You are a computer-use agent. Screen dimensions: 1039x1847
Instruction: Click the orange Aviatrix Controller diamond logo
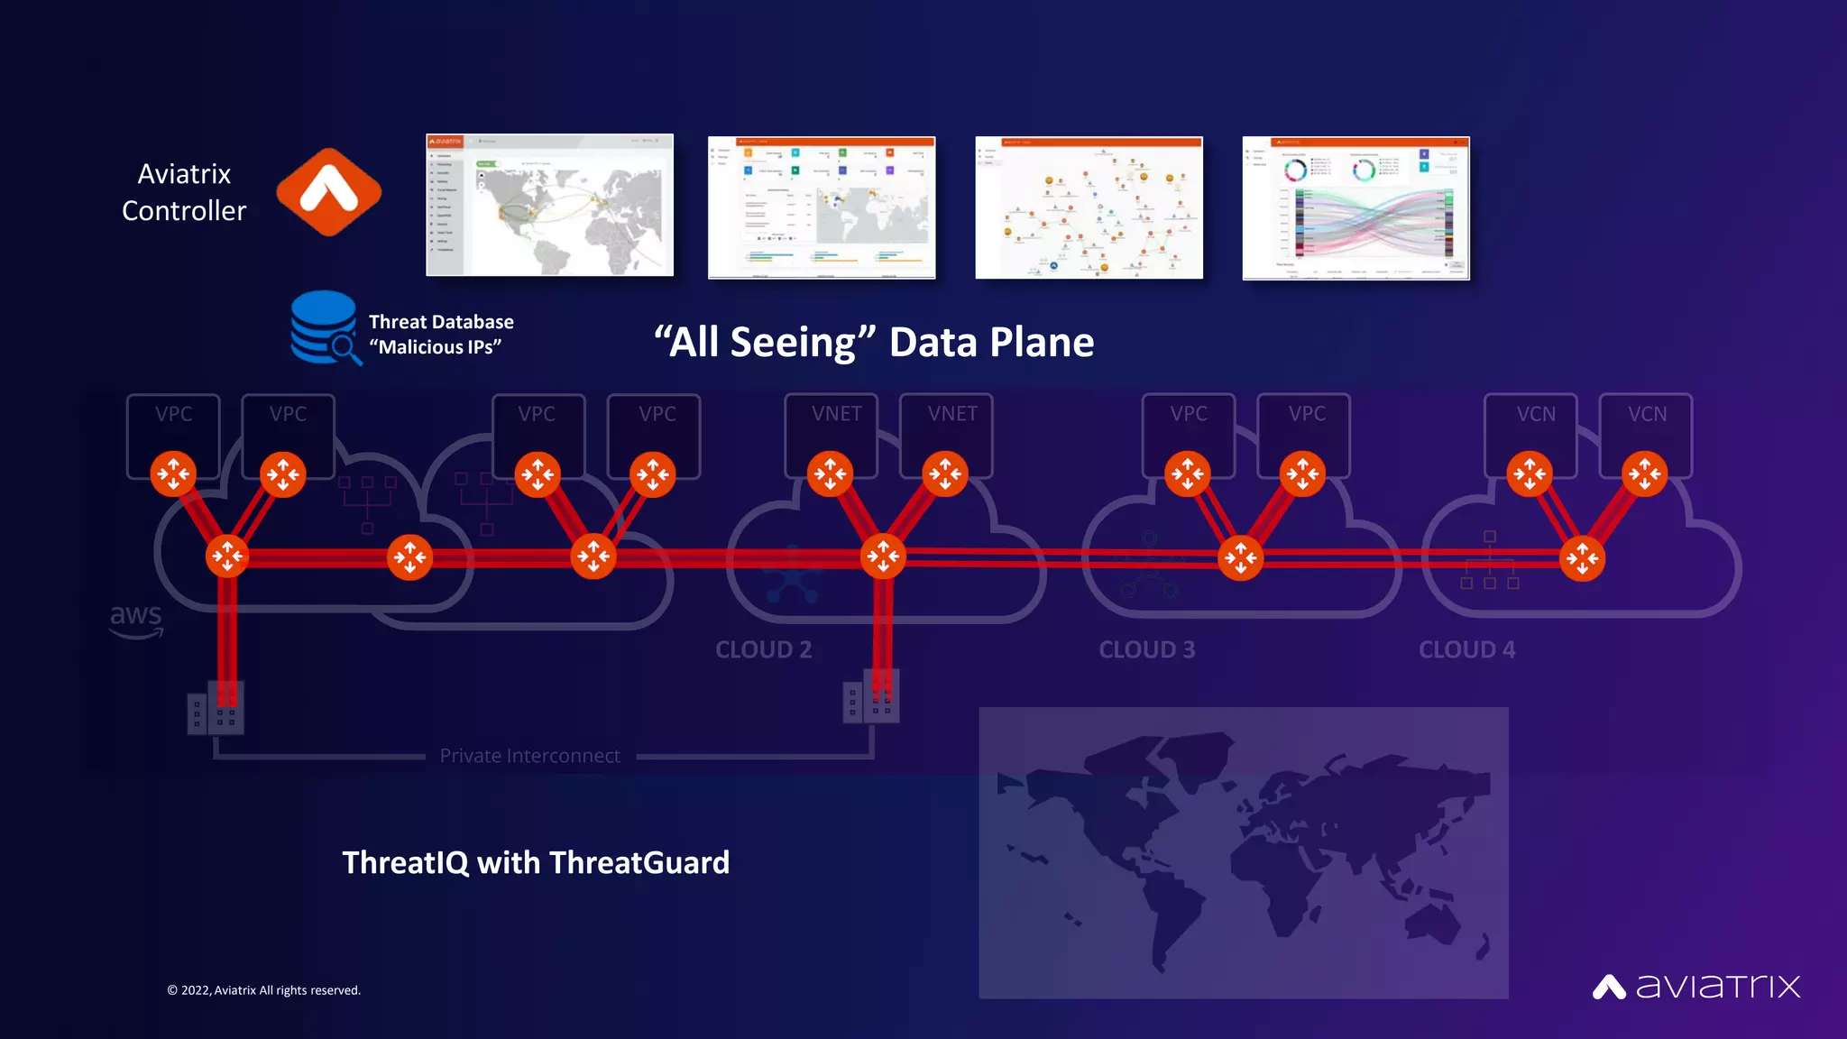(329, 192)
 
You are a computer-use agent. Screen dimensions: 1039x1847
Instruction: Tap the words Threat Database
(441, 322)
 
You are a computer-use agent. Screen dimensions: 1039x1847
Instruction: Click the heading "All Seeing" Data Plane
(873, 343)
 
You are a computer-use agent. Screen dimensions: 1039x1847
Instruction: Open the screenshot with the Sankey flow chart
(1355, 208)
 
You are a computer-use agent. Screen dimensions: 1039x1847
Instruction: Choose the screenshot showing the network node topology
(1089, 208)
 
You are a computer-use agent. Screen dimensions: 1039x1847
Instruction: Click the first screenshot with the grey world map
(549, 206)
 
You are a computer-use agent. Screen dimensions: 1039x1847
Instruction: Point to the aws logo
(136, 620)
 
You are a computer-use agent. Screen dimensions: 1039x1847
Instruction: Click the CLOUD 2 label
(763, 649)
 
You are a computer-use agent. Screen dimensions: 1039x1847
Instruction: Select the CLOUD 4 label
(1466, 649)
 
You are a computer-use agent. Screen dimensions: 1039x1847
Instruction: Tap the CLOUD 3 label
(1146, 649)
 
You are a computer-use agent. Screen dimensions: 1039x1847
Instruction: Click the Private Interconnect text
(529, 756)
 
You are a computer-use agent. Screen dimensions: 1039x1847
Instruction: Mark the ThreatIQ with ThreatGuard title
(536, 862)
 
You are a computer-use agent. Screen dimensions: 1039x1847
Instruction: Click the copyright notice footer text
(263, 990)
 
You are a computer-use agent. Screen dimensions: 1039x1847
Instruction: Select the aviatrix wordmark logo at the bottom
(1696, 987)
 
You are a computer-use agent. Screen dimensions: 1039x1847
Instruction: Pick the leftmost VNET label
(836, 414)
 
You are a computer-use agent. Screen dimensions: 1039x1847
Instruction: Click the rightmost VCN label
(1647, 414)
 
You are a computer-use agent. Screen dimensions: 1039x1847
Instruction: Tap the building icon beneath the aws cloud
(216, 708)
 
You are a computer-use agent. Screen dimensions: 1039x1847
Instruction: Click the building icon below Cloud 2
(870, 697)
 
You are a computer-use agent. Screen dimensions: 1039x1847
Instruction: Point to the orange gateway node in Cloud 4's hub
(1582, 558)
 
